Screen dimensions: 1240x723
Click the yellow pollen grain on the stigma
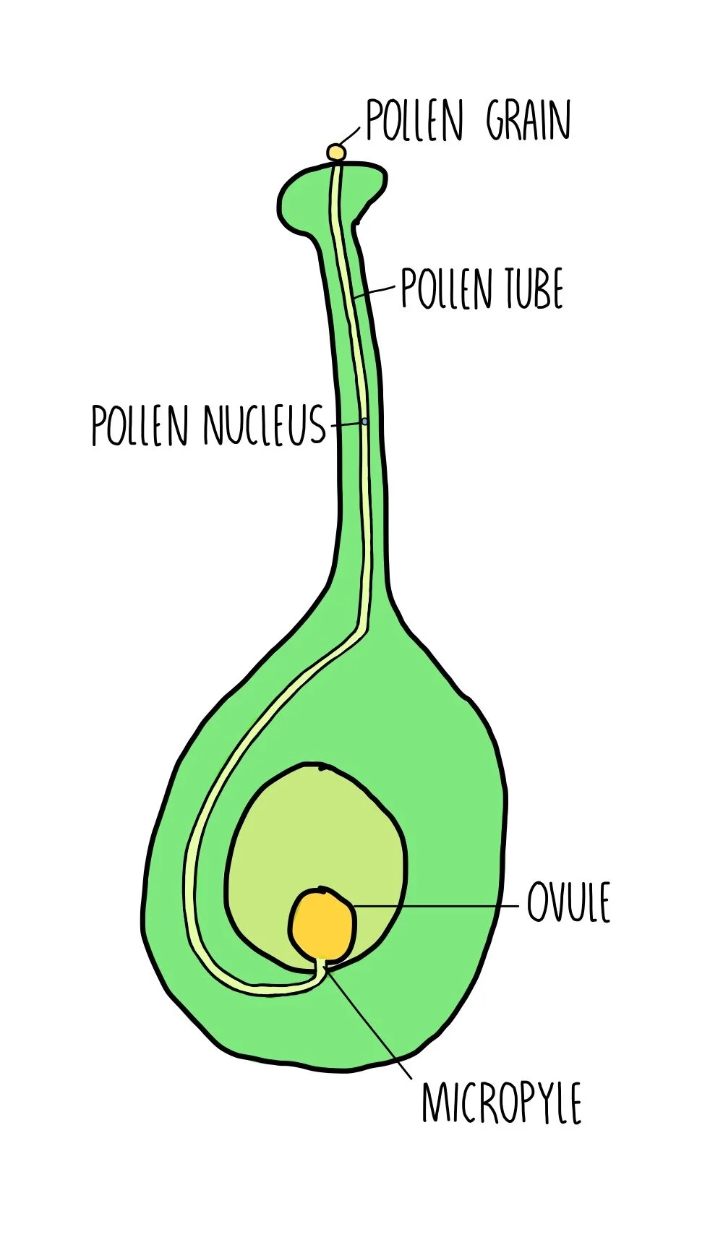point(335,152)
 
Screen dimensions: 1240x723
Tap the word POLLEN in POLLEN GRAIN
point(414,121)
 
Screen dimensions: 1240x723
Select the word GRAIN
point(529,121)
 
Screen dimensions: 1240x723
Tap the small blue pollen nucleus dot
point(365,421)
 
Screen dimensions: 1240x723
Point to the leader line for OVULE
point(434,905)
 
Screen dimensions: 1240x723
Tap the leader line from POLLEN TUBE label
point(380,289)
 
